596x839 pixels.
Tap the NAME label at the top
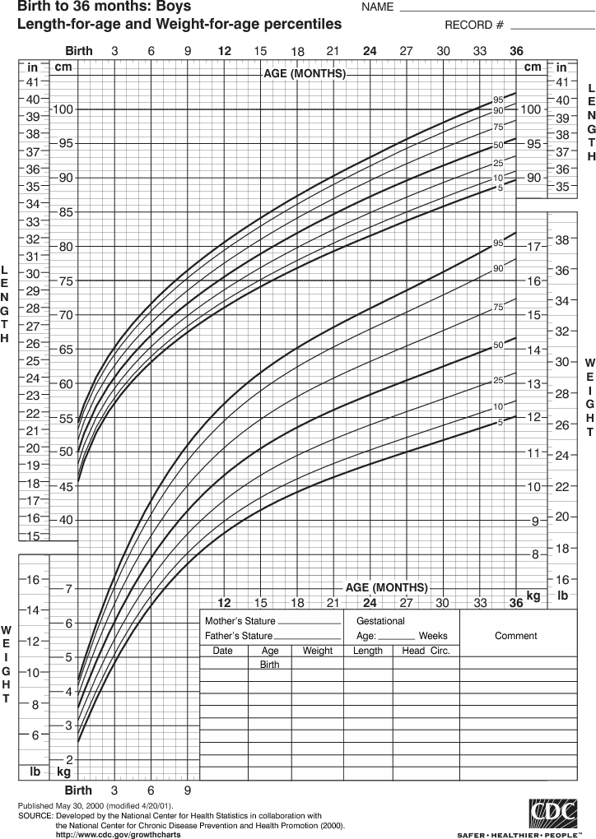click(377, 7)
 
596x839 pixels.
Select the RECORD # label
click(474, 25)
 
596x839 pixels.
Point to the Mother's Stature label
click(240, 621)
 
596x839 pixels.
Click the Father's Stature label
click(238, 636)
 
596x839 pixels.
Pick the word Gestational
click(380, 621)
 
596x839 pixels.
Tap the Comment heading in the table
click(515, 636)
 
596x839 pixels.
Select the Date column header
click(223, 651)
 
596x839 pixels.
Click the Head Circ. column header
click(425, 651)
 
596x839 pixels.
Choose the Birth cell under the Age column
click(269, 664)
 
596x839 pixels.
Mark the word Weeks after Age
click(433, 636)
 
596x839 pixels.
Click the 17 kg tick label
click(533, 247)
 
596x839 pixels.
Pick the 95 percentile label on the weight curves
click(497, 243)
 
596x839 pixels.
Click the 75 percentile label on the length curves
click(497, 127)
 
